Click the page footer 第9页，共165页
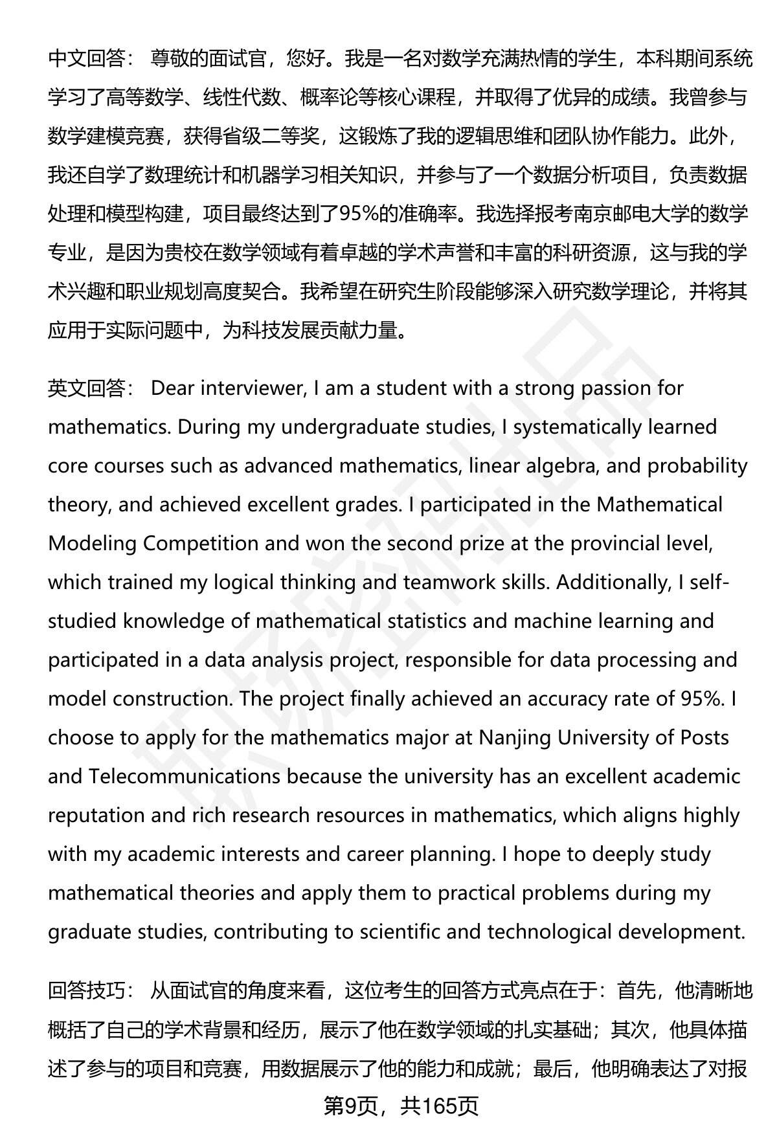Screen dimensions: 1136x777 [x=401, y=1106]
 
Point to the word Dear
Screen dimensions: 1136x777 [x=173, y=388]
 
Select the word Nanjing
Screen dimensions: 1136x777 [x=515, y=738]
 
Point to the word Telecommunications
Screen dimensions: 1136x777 [x=185, y=777]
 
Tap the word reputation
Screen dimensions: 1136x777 [x=96, y=816]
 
